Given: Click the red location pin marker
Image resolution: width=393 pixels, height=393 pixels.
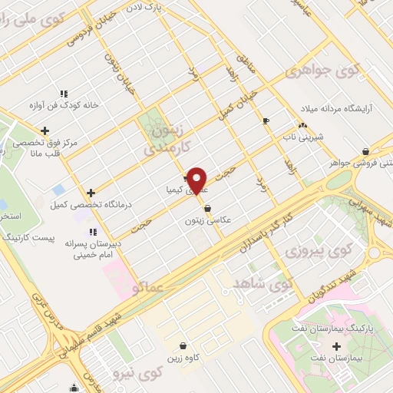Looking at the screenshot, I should pyautogui.click(x=198, y=180).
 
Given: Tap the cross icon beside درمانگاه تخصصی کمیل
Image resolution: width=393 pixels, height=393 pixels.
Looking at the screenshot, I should pyautogui.click(x=91, y=193).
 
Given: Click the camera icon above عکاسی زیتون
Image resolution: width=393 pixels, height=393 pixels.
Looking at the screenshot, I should pyautogui.click(x=207, y=208).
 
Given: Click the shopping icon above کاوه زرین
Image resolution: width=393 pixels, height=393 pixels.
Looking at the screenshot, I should pyautogui.click(x=183, y=346).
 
